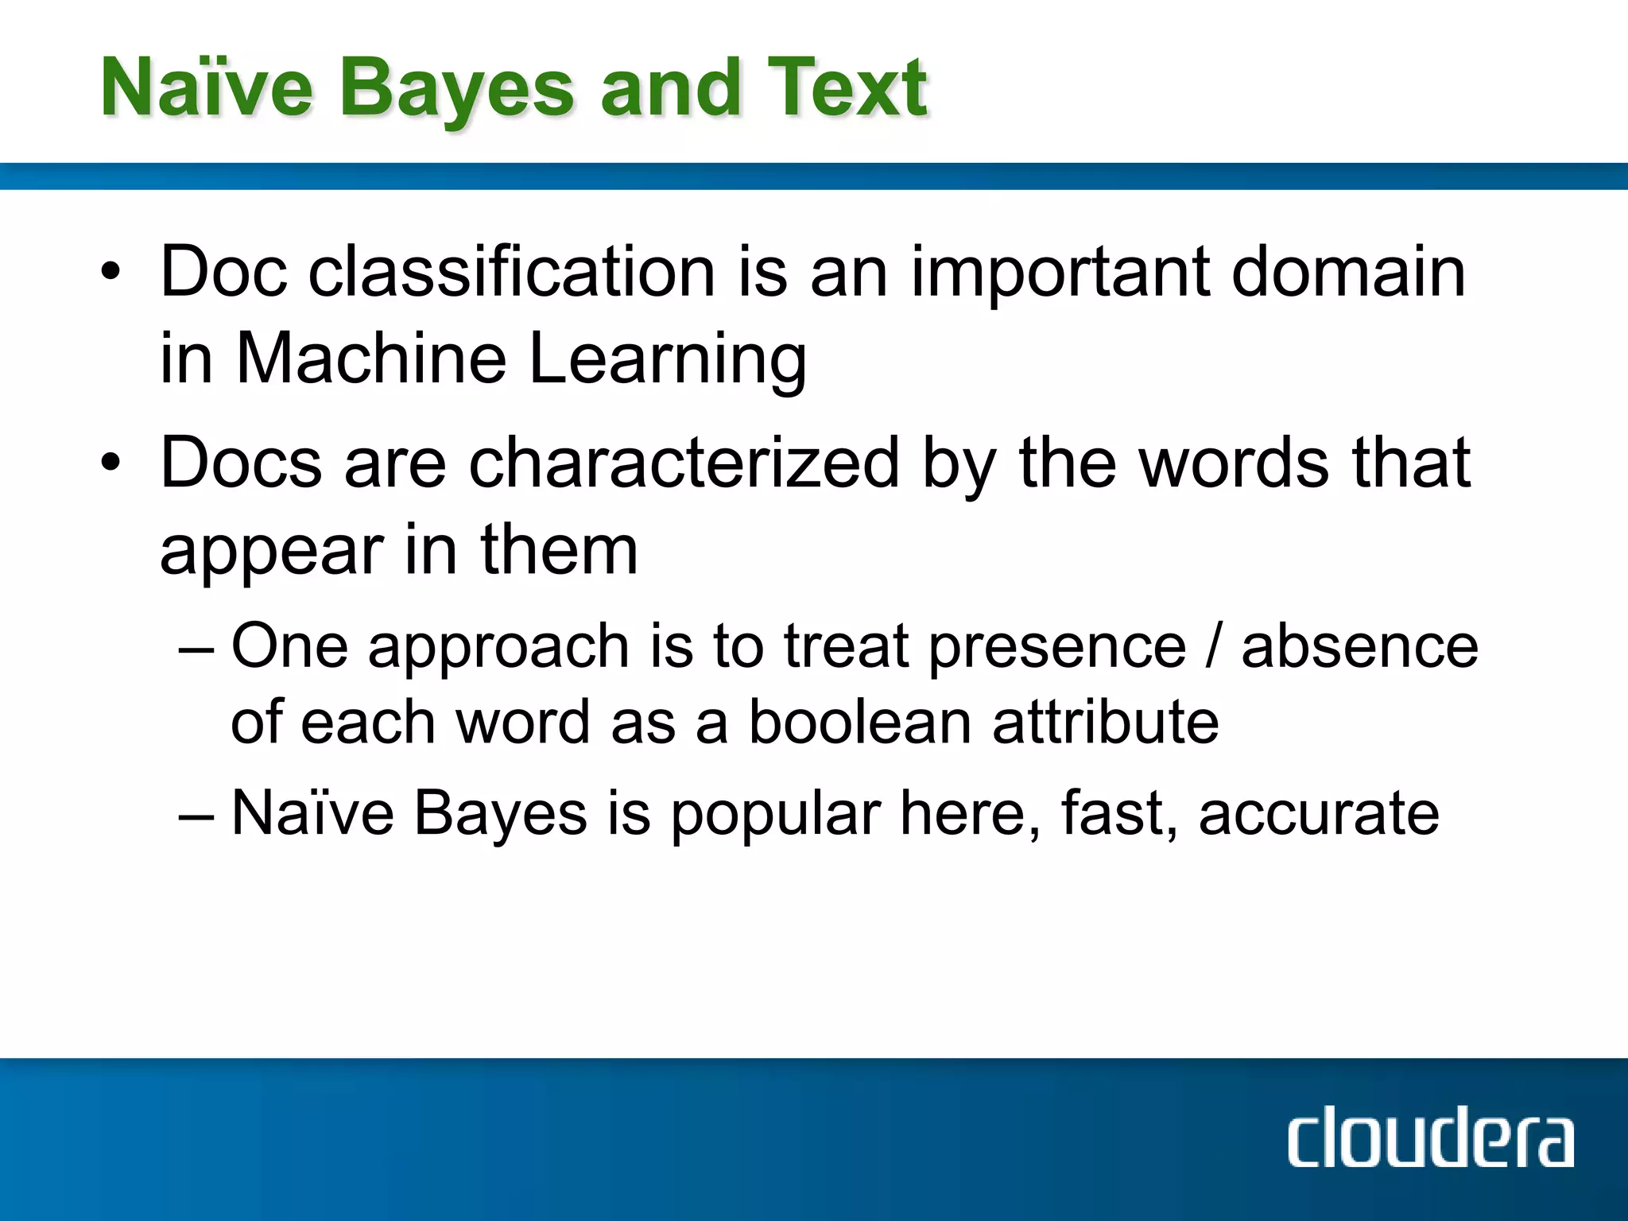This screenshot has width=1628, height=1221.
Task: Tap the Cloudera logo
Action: [x=1430, y=1139]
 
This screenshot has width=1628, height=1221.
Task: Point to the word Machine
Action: [x=371, y=359]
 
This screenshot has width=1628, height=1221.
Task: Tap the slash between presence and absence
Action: [x=1213, y=645]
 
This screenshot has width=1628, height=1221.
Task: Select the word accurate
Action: [x=1319, y=813]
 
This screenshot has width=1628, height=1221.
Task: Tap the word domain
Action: [x=1348, y=272]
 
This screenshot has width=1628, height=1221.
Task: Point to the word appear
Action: [x=272, y=552]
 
